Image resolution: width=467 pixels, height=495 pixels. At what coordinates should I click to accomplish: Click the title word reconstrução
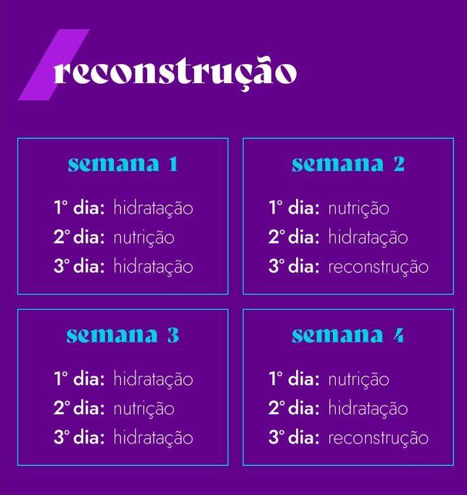(x=175, y=73)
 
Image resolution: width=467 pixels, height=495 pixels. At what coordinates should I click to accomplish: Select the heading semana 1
(x=123, y=164)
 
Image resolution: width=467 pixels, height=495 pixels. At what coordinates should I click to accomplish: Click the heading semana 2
(x=348, y=164)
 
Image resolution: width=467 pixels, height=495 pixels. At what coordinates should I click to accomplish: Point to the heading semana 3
(x=123, y=335)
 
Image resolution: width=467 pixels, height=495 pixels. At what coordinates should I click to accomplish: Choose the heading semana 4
(x=348, y=335)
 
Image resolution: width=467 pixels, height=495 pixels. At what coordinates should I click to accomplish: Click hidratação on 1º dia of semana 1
(x=153, y=209)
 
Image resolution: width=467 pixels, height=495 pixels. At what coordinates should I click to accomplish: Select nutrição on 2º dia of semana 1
(x=144, y=238)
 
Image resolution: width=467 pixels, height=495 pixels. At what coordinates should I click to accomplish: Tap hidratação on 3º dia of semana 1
(x=153, y=266)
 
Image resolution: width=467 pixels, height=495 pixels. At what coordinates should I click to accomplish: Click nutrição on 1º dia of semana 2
(x=359, y=209)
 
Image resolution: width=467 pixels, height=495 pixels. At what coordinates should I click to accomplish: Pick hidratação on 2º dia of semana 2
(x=368, y=237)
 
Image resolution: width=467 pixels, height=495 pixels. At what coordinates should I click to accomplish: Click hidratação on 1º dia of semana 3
(x=153, y=379)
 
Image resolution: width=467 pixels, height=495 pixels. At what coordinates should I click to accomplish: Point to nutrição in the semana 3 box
(x=144, y=409)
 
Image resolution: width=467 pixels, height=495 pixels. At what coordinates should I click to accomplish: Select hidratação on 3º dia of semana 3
(x=153, y=438)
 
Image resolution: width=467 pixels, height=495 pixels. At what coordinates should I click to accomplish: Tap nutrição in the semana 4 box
(x=359, y=379)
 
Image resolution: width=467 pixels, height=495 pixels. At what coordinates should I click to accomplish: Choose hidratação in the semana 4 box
(x=368, y=408)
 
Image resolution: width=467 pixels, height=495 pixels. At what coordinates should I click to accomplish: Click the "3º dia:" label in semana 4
(x=294, y=437)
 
